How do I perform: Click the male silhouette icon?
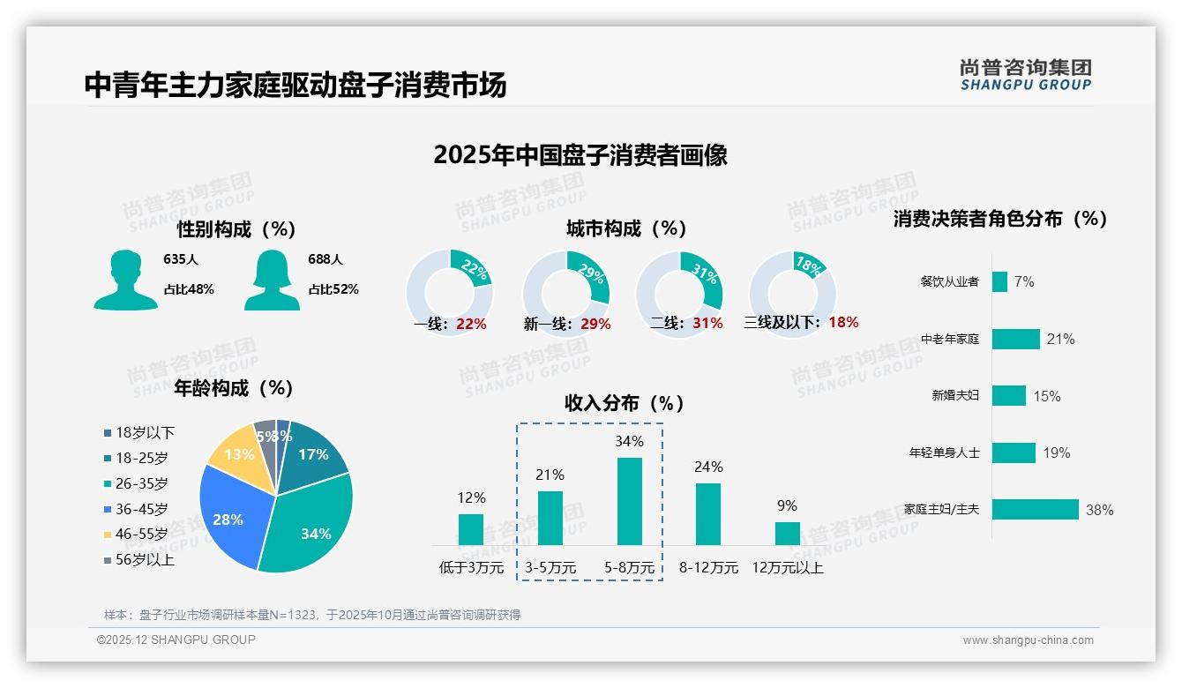click(125, 280)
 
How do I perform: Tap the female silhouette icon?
click(272, 280)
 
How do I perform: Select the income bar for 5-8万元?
click(629, 501)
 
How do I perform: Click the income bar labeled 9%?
click(787, 534)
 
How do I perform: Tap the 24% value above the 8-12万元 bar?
click(708, 467)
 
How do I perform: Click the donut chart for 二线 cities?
click(679, 294)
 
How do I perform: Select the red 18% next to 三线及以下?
click(843, 322)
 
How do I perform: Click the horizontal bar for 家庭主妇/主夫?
click(1035, 510)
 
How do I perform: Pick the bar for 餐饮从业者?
click(999, 281)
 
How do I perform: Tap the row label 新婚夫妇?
click(955, 396)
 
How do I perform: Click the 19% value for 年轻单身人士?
click(1056, 452)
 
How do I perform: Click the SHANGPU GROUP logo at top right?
click(1025, 75)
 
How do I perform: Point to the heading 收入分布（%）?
click(625, 403)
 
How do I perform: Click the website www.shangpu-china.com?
click(1028, 640)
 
